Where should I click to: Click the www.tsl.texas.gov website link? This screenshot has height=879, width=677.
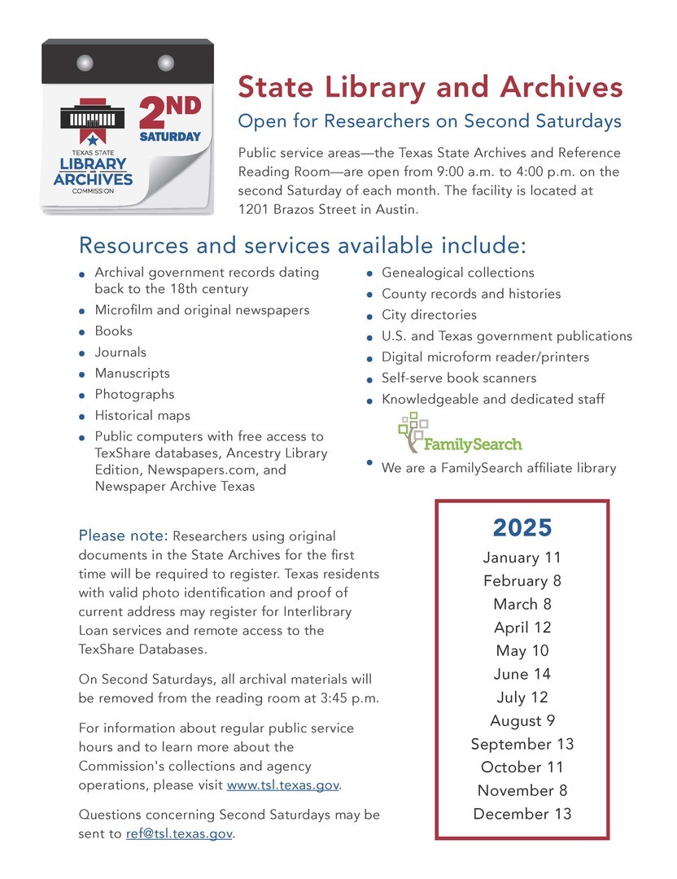283,786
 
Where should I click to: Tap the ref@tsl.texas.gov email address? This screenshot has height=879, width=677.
179,834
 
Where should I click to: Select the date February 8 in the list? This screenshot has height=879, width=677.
522,581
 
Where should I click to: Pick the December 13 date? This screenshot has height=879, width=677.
522,814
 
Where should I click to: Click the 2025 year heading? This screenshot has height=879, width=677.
522,528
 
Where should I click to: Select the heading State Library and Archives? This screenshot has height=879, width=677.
430,86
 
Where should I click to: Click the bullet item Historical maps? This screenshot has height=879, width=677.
142,415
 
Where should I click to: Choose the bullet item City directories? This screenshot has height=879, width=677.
429,315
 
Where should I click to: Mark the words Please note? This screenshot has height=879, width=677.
123,536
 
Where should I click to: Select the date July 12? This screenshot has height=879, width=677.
522,698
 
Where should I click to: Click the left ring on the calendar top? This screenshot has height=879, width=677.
85,63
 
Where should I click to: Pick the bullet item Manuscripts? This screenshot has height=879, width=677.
133,374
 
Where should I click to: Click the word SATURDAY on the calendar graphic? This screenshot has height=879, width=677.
169,137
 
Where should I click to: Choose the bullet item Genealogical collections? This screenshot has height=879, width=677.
458,273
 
